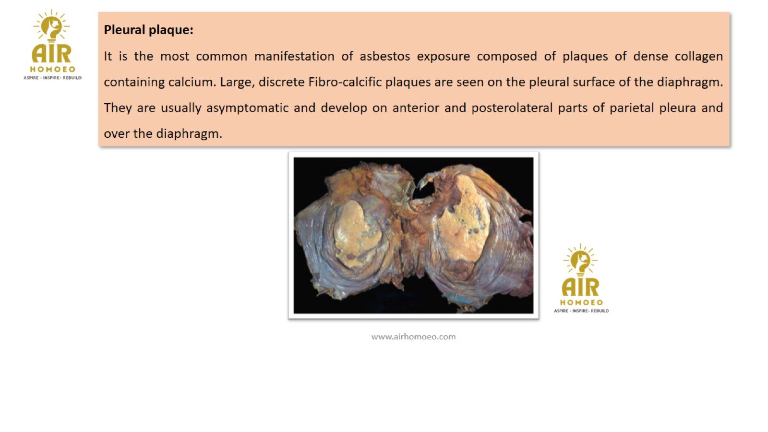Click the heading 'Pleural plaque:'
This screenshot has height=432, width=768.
[148, 30]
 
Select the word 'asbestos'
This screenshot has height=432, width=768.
[384, 56]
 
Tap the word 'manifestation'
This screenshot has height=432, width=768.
[294, 56]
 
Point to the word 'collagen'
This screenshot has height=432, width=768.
[699, 57]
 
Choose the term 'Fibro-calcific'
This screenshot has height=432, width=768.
[345, 82]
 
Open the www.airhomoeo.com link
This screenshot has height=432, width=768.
[413, 336]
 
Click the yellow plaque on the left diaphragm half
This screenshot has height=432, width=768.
[355, 234]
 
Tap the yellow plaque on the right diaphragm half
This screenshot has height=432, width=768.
[463, 219]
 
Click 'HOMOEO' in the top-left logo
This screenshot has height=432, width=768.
[52, 69]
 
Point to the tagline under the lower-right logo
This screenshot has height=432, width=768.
[581, 311]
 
